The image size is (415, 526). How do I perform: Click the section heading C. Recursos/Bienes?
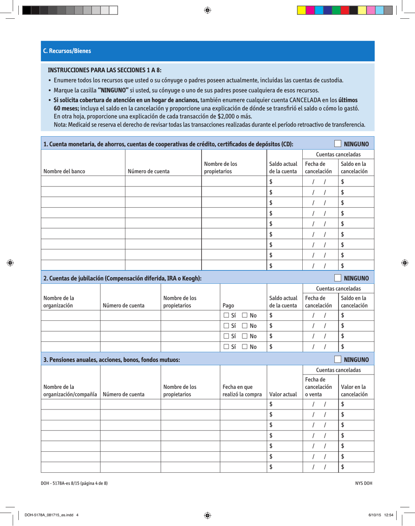coord(67,51)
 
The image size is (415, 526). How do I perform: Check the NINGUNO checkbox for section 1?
coord(338,144)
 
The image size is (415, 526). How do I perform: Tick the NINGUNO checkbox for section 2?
coord(338,278)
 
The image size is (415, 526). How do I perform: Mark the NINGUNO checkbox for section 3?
coord(338,360)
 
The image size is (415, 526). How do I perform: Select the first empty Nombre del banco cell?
coord(83,182)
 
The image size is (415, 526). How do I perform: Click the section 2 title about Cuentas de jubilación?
coord(122,278)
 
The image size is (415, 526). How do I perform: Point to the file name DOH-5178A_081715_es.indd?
coord(52,515)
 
